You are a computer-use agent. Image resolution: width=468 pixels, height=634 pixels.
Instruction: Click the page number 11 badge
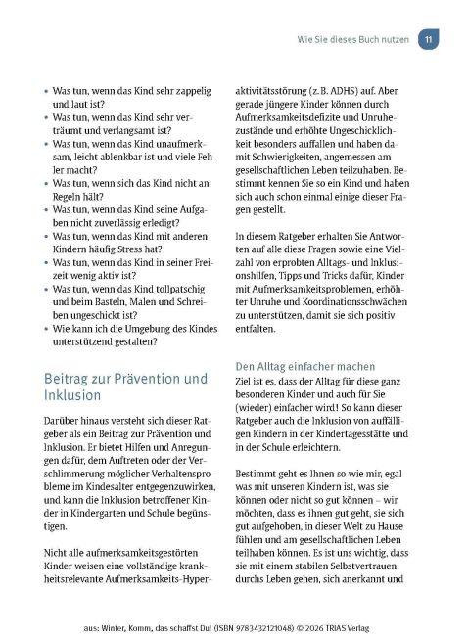pos(428,39)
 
